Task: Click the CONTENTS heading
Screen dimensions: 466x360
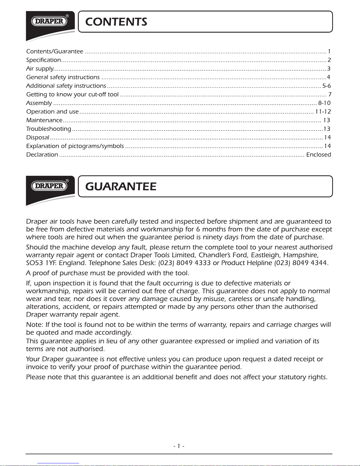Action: pos(116,22)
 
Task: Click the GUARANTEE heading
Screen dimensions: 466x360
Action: pos(120,186)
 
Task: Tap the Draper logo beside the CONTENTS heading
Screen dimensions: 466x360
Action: pos(49,21)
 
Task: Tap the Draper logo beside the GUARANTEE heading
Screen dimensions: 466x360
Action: pos(49,186)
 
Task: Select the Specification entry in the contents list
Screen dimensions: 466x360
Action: pos(43,60)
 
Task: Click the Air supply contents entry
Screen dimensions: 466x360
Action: pos(40,69)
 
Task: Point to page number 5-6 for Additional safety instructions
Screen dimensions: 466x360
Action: pos(326,86)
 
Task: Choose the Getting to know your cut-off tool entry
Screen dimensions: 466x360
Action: pos(72,94)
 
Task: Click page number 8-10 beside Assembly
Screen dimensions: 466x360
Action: pos(324,103)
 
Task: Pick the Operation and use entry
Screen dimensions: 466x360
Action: pos(52,112)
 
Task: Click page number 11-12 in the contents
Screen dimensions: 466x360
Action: pos(323,112)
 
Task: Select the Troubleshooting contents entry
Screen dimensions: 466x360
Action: pos(48,129)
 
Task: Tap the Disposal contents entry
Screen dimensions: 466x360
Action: pos(38,137)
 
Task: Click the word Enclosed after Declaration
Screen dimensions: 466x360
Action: pos(319,155)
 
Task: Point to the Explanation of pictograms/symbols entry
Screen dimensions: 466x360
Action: pos(75,146)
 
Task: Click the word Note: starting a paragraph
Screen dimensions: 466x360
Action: pos(35,325)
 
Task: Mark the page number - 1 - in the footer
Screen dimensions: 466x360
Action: pos(179,446)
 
